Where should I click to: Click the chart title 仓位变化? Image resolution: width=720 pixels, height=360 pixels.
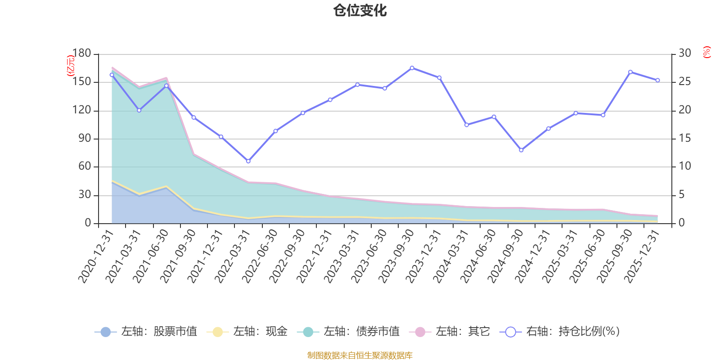coord(360,11)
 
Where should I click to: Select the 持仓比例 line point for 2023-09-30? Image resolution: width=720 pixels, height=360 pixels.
coord(412,68)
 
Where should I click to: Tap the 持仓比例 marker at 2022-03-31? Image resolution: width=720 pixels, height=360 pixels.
coord(248,161)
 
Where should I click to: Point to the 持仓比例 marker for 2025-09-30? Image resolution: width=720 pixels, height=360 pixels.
coord(630,72)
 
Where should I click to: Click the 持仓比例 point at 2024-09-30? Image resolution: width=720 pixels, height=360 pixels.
coord(521,150)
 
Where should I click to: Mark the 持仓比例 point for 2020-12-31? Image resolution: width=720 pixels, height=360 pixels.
coord(112,75)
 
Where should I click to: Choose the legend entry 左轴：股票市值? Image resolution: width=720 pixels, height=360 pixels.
coord(146,331)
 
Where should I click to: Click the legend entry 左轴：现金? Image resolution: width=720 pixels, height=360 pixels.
coord(247,331)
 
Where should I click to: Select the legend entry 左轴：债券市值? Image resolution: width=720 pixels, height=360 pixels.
coord(348,331)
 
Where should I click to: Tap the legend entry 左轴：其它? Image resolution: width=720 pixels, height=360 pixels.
coord(450,331)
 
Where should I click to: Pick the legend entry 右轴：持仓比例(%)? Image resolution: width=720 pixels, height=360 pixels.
coord(560,331)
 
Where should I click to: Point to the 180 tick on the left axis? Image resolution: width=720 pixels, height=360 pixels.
coord(81,54)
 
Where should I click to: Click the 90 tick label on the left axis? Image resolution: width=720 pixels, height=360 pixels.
coord(85,139)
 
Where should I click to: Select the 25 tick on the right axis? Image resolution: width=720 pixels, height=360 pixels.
coord(684,81)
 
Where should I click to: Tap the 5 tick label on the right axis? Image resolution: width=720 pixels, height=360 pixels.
coord(682,195)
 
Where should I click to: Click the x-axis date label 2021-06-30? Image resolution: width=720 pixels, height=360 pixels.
coord(150,256)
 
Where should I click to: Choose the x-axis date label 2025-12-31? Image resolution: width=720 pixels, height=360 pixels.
coord(642,256)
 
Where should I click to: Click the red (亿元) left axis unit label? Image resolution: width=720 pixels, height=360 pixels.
coord(70,66)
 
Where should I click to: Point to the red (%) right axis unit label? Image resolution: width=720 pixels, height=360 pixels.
coord(706,52)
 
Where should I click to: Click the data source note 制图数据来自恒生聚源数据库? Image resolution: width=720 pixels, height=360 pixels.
coord(360,355)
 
